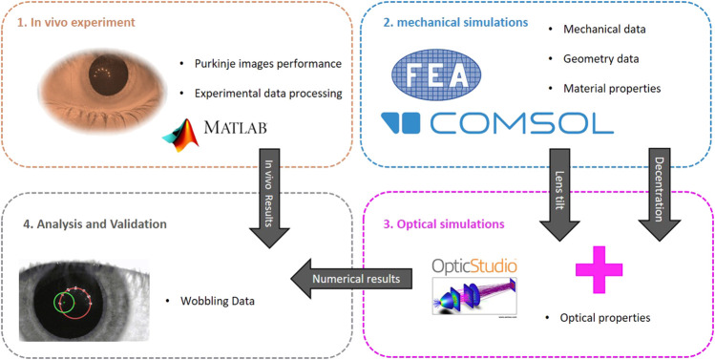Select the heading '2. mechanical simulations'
pos(455,22)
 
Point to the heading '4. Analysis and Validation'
pos(95,224)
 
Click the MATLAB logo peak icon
pos(181,136)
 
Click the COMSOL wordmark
pos(497,122)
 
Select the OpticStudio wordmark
pos(473,265)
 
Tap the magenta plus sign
pos(599,269)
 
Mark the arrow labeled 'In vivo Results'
pos(270,199)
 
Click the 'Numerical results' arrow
pos(351,278)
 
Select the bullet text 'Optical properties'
pos(605,318)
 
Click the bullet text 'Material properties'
pos(612,88)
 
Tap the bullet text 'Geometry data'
pos(601,59)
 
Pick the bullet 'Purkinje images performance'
pos(268,64)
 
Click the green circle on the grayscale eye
pos(64,302)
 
